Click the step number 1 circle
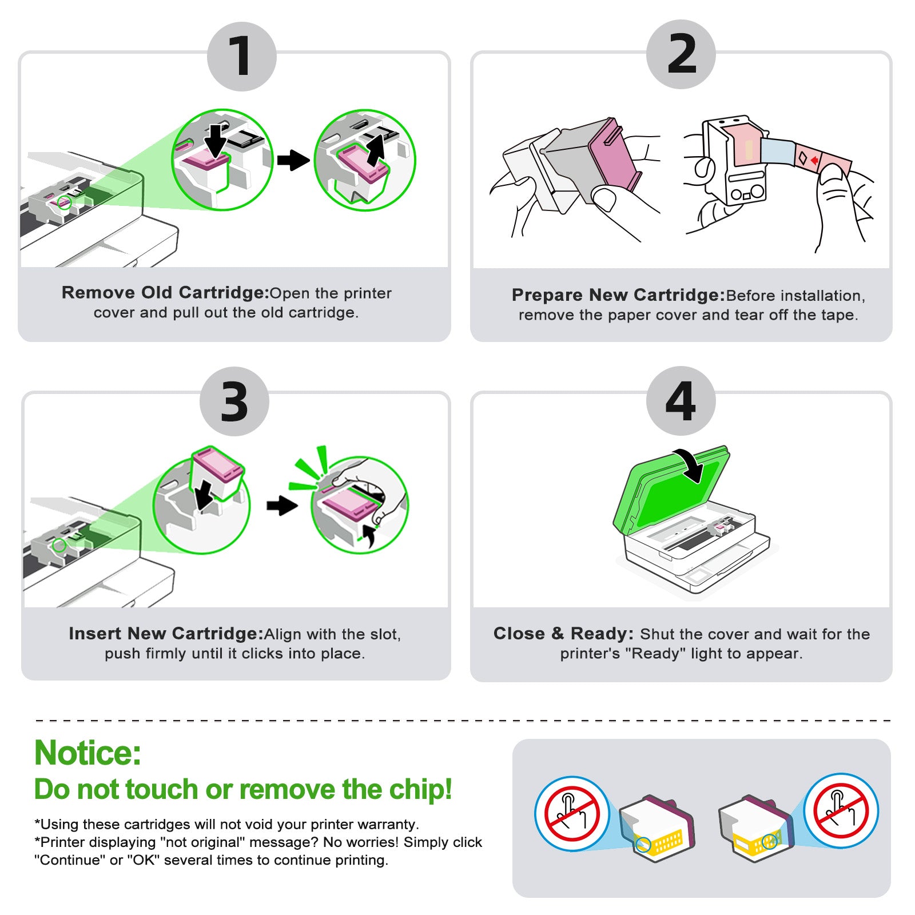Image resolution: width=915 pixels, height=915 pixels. click(242, 57)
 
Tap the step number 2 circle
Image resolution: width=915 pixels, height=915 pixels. click(681, 54)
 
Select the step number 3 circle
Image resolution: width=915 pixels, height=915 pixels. click(234, 401)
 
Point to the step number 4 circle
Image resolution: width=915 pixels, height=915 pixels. click(681, 401)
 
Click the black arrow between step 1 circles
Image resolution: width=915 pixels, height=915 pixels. click(293, 160)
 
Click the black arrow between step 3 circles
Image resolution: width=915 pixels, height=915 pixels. click(282, 506)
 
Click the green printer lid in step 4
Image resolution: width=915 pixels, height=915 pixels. click(671, 490)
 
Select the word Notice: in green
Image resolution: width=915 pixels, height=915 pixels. click(87, 753)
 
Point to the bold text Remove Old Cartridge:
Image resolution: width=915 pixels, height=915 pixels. click(165, 293)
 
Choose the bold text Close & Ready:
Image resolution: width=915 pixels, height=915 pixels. click(564, 634)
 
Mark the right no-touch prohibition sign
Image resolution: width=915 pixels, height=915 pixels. click(841, 811)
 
